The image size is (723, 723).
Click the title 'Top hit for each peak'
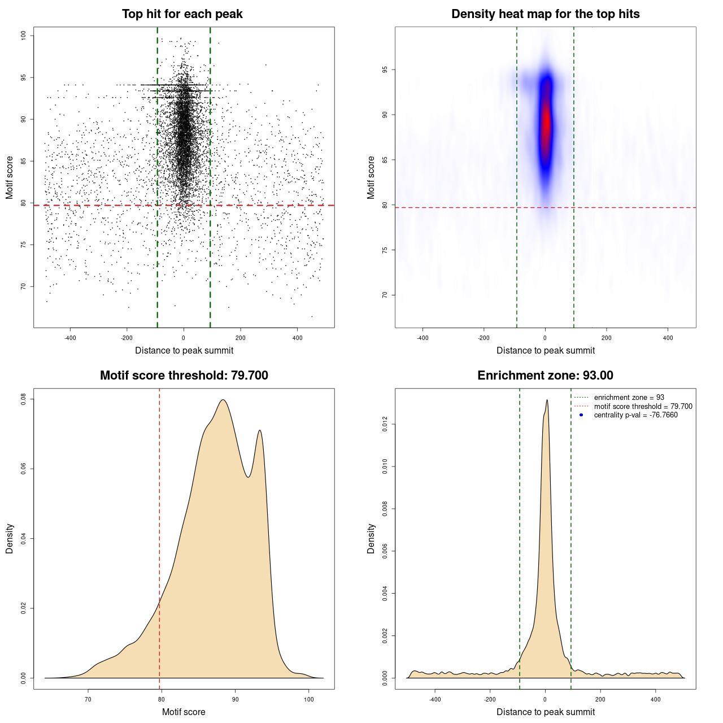click(182, 14)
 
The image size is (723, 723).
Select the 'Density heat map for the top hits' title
click(545, 14)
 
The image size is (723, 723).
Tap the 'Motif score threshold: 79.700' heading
click(184, 376)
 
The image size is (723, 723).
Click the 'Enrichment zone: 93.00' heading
click(545, 376)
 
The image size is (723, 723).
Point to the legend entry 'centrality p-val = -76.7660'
click(635, 415)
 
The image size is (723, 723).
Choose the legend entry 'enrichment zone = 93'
click(629, 398)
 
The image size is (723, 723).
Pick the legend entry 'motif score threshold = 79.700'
click(643, 407)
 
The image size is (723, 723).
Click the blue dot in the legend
click(581, 415)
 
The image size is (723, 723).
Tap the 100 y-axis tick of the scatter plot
click(24, 36)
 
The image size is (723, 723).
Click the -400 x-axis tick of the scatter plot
click(70, 338)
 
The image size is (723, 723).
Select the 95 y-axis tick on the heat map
click(385, 70)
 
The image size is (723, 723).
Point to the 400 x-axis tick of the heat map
click(668, 338)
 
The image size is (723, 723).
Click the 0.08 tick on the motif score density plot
click(24, 399)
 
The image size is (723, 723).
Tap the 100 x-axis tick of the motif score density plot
click(308, 699)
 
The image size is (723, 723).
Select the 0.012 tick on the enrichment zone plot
click(385, 425)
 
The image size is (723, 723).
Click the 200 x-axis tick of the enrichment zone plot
click(600, 699)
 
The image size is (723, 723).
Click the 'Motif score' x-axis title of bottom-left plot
click(184, 712)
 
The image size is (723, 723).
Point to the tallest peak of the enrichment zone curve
click(547, 400)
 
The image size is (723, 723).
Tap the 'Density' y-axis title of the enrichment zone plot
click(371, 538)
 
